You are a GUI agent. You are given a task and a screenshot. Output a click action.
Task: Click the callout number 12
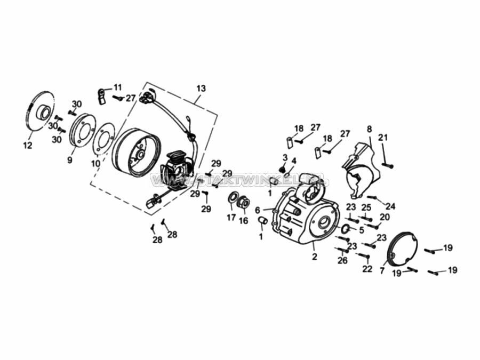tap(28, 145)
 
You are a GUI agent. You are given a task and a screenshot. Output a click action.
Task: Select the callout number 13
tap(201, 88)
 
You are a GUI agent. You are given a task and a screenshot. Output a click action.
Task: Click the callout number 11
tap(117, 86)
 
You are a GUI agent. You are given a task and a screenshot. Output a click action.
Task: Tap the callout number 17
tap(231, 218)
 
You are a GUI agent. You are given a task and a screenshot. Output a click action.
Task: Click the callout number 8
tap(369, 129)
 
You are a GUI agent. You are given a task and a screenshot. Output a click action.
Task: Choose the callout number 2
tap(315, 257)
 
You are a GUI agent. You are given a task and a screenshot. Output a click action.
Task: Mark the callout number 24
tap(391, 206)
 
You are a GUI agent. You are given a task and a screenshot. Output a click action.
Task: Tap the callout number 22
tap(367, 269)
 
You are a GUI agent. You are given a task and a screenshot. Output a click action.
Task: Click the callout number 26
tap(342, 260)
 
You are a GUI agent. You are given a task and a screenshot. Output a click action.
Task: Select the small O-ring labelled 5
tap(345, 229)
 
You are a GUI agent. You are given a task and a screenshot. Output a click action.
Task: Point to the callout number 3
tap(285, 157)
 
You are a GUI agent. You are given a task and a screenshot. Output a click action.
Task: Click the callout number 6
tap(257, 210)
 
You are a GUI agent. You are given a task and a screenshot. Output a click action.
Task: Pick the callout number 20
tap(385, 217)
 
